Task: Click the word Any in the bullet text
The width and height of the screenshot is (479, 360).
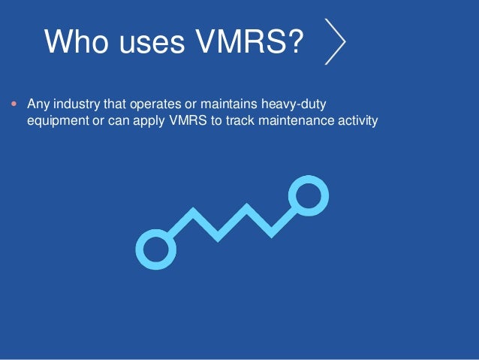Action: coord(37,104)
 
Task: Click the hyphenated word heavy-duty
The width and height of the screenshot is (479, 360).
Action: coord(288,104)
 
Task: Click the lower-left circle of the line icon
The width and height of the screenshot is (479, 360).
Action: coord(155,250)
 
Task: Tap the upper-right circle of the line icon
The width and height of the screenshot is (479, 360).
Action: coord(308,195)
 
